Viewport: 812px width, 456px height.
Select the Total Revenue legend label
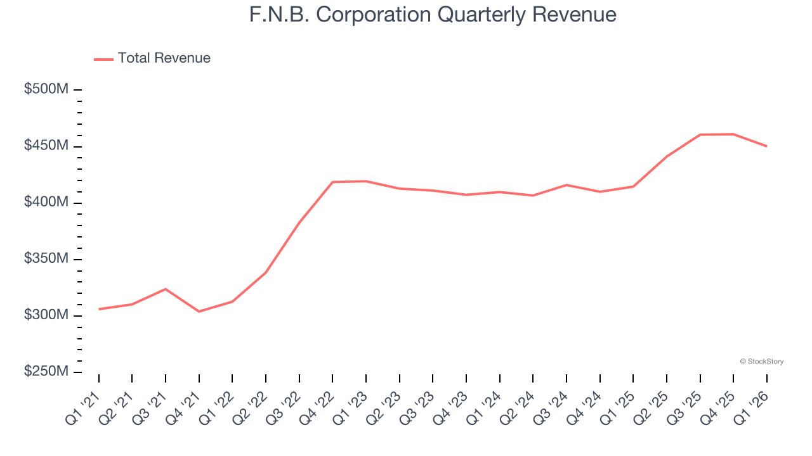pos(164,58)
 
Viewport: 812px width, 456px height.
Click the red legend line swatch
pos(103,59)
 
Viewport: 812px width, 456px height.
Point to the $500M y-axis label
pos(46,89)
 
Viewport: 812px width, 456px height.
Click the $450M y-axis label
pos(46,146)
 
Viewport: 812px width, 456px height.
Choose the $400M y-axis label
pos(46,202)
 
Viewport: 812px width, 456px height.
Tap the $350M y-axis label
pos(46,259)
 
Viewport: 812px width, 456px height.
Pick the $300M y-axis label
pos(46,315)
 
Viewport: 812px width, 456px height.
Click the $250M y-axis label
pos(46,372)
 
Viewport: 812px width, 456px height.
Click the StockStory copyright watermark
pos(761,362)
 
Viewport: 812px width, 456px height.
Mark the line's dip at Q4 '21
pos(199,312)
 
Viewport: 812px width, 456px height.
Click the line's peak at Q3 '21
pos(166,289)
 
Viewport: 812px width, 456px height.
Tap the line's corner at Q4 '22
pos(332,182)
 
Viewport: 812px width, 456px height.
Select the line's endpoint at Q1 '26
pos(767,146)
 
